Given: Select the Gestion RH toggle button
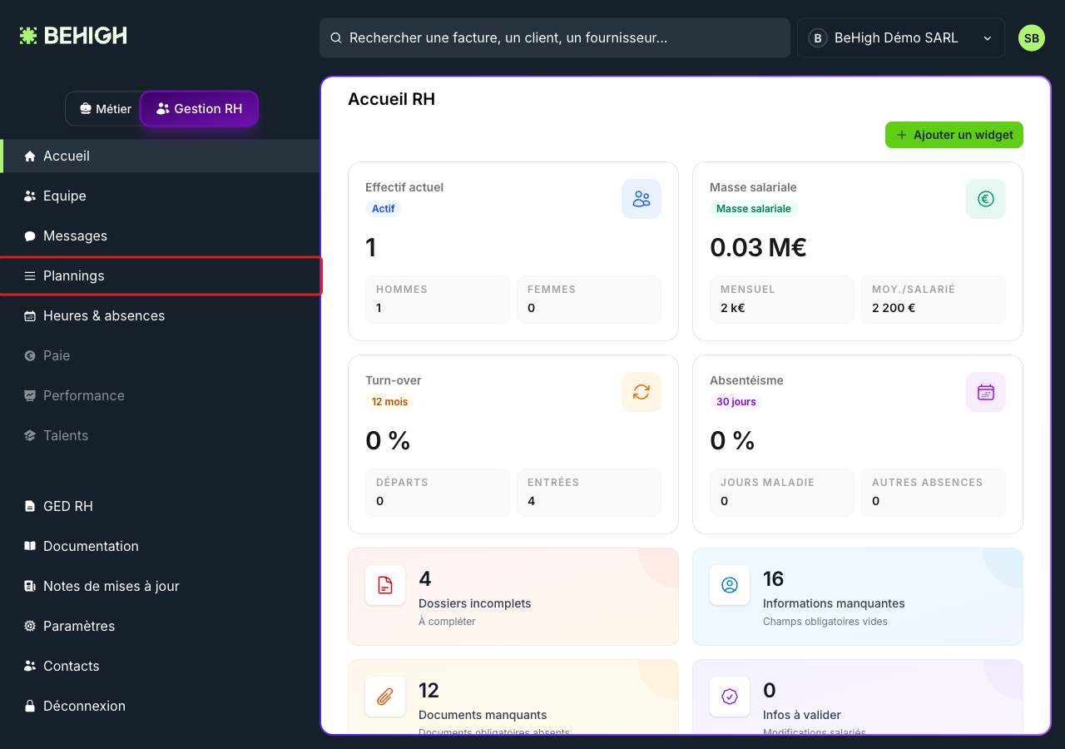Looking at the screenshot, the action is point(199,109).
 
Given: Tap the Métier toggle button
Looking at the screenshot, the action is point(106,109).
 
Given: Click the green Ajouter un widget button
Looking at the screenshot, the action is point(954,135).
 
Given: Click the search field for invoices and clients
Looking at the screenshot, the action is point(554,38).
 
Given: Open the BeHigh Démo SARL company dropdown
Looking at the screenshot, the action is point(901,38).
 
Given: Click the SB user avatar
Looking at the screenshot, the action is point(1031,38).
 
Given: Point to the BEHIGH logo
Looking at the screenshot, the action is point(73,36).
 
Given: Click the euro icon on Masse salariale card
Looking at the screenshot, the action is point(986,199).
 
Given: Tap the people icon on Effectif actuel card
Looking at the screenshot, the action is point(641,199).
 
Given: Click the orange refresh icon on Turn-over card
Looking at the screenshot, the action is point(641,392).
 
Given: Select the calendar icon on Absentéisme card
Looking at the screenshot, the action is point(986,392).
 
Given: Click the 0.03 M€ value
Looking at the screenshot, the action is point(758,247).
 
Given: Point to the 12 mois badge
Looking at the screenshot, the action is point(389,402).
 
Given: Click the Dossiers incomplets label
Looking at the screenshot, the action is point(474,603).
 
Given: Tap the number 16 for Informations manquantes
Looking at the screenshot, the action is point(773,579).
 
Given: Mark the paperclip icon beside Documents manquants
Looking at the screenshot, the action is point(385,697).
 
